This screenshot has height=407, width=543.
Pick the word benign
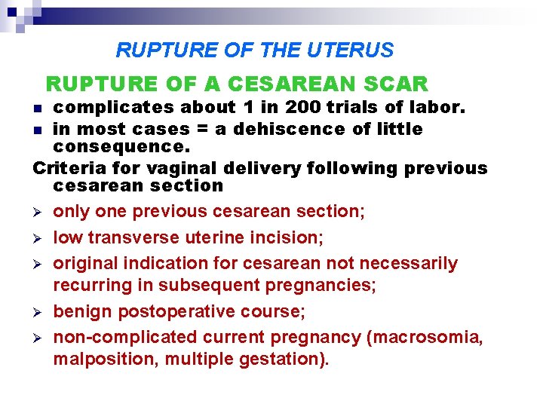(x=79, y=311)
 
